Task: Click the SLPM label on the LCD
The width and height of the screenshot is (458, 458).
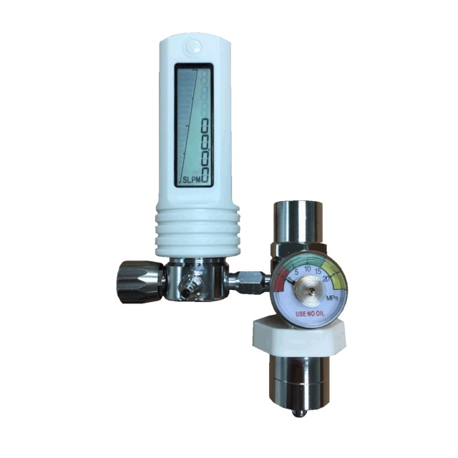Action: (x=190, y=179)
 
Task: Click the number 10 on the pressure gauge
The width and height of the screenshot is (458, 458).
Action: (x=308, y=269)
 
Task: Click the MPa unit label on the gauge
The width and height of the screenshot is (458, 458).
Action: (x=331, y=297)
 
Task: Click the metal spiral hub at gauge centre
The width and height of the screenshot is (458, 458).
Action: (x=310, y=290)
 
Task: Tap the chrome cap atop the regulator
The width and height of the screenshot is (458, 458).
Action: (x=298, y=218)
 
